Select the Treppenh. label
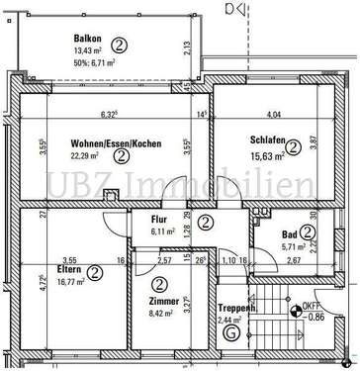pyautogui.click(x=236, y=308)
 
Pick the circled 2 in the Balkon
pyautogui.click(x=119, y=44)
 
